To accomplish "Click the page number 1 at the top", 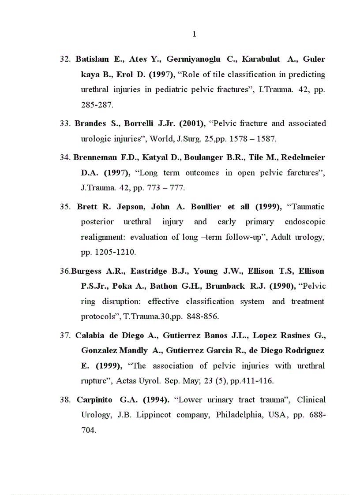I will (195, 34).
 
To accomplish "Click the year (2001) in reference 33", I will (192, 123).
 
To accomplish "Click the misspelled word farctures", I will (303, 173).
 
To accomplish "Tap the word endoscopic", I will (305, 222).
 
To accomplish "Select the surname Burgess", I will (87, 271).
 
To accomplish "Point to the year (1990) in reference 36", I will (281, 287).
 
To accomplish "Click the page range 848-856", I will (202, 317).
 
